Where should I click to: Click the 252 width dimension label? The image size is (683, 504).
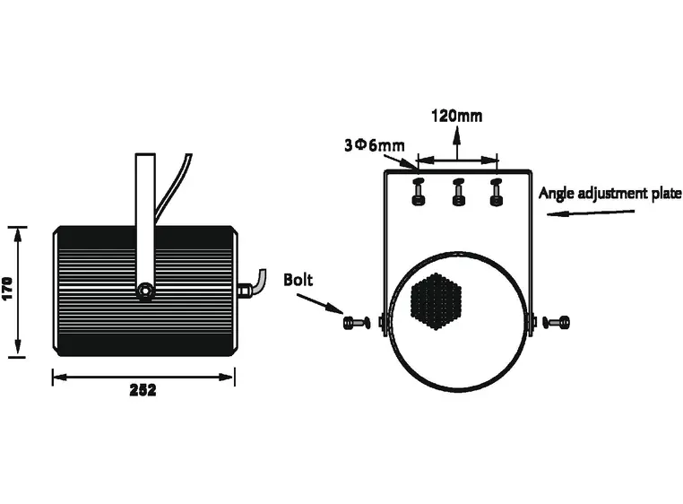(143, 390)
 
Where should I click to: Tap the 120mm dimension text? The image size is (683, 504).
(456, 116)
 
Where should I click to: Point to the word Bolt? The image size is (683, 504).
(298, 279)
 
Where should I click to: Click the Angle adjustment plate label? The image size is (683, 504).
(610, 193)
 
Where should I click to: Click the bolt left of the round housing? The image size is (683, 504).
(356, 322)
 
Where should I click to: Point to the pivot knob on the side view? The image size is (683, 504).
(144, 291)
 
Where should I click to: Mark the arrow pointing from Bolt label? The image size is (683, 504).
(323, 304)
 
